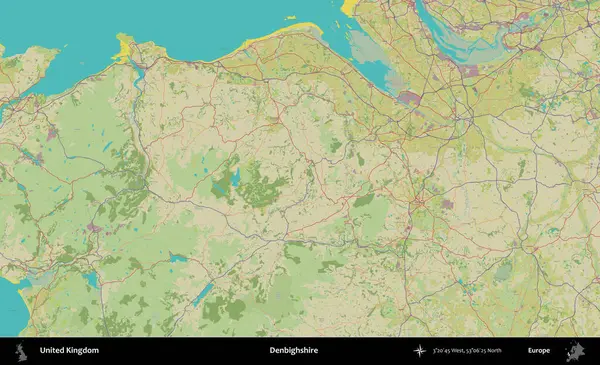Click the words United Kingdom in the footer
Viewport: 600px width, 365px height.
click(69, 351)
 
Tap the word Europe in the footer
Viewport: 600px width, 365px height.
click(539, 351)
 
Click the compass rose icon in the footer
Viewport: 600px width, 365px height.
click(419, 351)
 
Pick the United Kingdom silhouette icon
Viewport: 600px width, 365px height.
click(18, 351)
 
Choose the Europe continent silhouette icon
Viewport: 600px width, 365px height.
click(576, 351)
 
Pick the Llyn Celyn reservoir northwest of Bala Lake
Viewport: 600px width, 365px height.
click(178, 258)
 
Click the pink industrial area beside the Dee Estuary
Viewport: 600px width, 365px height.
click(408, 98)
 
